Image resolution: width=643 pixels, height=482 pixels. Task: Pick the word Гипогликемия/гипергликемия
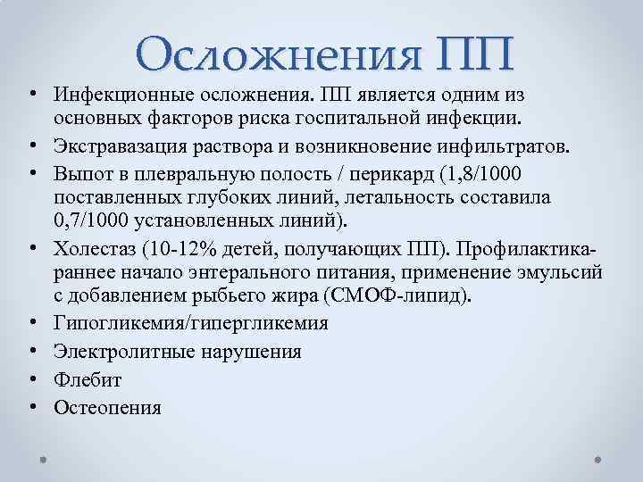190,323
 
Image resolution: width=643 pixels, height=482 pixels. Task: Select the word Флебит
88,380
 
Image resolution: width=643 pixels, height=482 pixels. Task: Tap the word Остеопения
107,409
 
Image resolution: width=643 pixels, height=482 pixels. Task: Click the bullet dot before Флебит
31,380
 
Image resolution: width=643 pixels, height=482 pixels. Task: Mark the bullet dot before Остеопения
31,409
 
